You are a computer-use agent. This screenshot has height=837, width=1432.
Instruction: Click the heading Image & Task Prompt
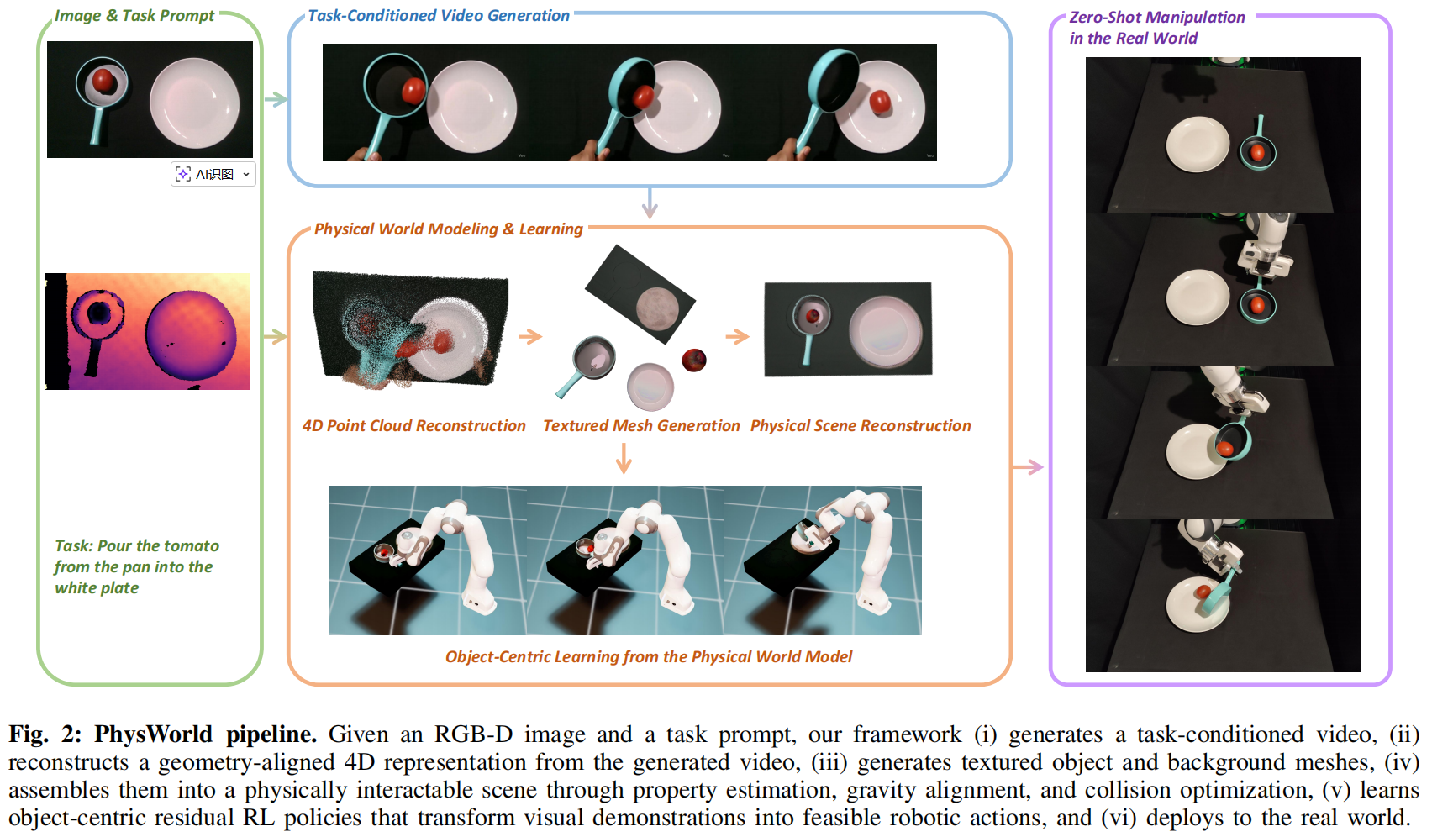[x=134, y=16]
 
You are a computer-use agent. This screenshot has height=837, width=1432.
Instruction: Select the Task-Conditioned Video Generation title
[x=438, y=16]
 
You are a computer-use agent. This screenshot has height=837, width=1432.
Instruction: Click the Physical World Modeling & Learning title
[x=448, y=229]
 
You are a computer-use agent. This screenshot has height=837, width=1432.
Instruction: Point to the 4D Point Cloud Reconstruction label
[x=413, y=426]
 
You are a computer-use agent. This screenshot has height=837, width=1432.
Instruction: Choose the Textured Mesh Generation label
[x=641, y=426]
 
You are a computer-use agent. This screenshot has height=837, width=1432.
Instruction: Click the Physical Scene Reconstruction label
[x=861, y=426]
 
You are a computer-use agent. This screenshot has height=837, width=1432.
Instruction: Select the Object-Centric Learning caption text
[x=648, y=657]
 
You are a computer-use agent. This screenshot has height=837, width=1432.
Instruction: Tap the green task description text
[x=137, y=567]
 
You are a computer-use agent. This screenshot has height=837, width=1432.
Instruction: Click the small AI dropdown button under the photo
[x=213, y=174]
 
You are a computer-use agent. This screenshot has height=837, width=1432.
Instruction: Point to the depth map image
[x=148, y=331]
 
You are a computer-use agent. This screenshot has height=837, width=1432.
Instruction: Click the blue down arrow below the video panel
[x=649, y=203]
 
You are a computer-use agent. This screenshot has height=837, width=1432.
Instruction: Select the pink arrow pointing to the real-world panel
[x=1028, y=467]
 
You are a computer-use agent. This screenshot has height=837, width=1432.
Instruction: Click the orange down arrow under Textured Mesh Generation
[x=624, y=458]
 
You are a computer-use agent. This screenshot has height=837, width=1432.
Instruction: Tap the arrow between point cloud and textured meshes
[x=530, y=337]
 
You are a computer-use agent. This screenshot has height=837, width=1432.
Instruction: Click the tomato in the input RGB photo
[x=103, y=81]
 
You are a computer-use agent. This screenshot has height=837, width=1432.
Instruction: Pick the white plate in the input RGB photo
[x=194, y=103]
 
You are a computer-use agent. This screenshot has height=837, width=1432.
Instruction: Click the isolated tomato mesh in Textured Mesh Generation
[x=694, y=360]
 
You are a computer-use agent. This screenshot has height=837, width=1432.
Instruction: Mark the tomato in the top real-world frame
[x=1258, y=153]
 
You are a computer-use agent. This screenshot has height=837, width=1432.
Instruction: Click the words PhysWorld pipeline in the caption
[x=205, y=734]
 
